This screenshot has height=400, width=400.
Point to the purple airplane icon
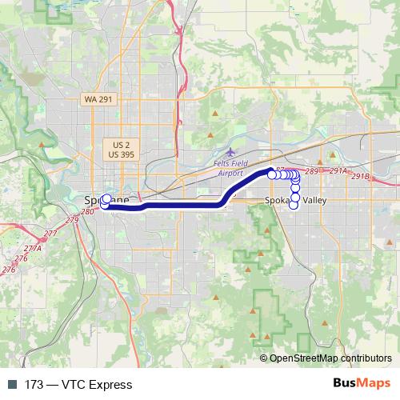click(x=232, y=151)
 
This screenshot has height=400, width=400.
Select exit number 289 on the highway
click(x=312, y=171)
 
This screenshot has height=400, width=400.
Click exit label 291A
click(x=338, y=171)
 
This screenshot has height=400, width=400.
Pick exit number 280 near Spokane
click(x=87, y=211)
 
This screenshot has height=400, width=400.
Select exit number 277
click(x=50, y=234)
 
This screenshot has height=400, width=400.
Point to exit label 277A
click(x=33, y=249)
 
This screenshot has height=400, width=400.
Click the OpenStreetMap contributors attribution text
click(x=330, y=358)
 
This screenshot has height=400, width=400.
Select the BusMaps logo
click(x=361, y=384)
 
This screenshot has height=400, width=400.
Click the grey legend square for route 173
click(x=13, y=385)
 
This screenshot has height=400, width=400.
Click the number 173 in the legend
click(x=34, y=385)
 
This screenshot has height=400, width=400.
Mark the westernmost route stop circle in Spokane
click(x=105, y=206)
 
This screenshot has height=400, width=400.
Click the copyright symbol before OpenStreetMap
click(x=264, y=358)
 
